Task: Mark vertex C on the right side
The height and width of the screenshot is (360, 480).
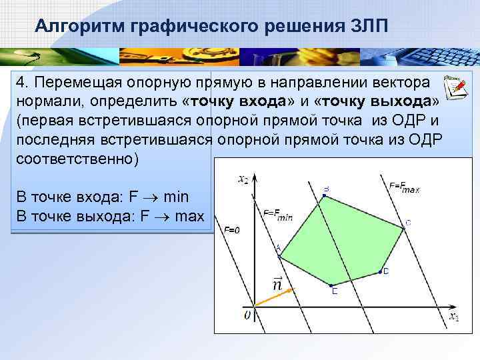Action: (403, 227)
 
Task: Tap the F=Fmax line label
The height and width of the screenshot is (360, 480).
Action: (404, 188)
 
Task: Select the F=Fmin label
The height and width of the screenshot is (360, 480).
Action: (277, 213)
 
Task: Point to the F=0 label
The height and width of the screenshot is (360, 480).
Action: (231, 230)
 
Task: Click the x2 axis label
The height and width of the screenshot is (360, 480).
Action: (243, 179)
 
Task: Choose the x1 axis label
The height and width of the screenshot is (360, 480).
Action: (453, 317)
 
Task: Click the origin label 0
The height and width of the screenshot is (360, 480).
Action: (246, 315)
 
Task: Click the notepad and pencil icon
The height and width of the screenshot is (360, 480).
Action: (454, 88)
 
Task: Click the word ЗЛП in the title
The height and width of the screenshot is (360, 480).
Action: (368, 25)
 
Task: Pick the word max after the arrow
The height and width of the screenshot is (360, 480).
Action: (189, 217)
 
